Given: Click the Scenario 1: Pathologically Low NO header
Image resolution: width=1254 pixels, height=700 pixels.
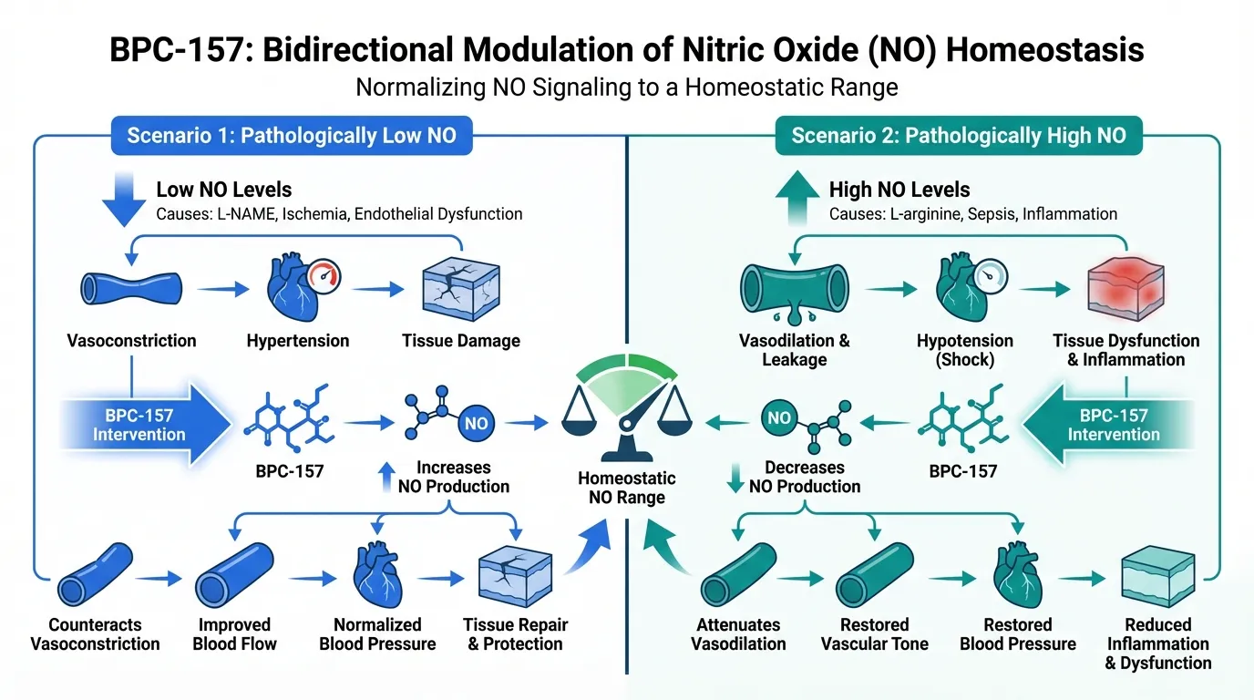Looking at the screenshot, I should (291, 137).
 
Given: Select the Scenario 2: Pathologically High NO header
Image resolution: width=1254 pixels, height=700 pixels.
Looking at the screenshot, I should (958, 137).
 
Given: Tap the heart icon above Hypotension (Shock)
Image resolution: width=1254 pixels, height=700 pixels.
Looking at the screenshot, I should (963, 287).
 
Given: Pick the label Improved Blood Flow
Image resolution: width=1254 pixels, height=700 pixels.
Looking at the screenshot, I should (235, 634).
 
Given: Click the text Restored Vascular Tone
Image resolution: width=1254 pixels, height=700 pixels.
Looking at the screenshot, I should (874, 634).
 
